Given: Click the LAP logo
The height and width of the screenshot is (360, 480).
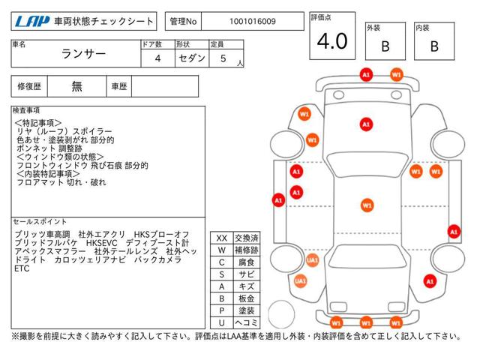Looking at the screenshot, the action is click(x=32, y=22).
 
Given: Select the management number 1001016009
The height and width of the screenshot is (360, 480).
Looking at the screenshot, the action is click(x=253, y=22).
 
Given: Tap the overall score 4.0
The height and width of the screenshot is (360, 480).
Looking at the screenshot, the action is click(x=332, y=41).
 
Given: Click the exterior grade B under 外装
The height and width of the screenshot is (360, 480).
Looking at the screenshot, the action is click(x=385, y=46).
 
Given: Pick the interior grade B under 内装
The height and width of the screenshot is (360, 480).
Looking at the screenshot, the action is click(x=434, y=46).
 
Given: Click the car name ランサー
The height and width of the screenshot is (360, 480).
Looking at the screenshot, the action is click(x=83, y=54).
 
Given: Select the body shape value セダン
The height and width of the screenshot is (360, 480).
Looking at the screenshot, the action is click(x=192, y=58).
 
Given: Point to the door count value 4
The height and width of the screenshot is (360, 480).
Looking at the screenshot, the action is click(x=157, y=58).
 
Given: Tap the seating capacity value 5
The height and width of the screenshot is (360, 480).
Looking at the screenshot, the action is click(x=223, y=58).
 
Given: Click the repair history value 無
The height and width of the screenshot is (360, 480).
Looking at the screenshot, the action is click(x=76, y=86).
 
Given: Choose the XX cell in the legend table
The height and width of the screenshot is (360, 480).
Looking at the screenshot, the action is click(x=222, y=238).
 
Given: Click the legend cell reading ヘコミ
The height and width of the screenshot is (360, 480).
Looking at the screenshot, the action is click(x=247, y=322).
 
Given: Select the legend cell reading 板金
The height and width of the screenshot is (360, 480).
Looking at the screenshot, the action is click(x=247, y=298).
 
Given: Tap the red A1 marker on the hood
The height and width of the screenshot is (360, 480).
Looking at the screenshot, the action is click(x=366, y=124).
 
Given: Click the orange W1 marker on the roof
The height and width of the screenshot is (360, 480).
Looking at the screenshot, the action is click(x=367, y=205).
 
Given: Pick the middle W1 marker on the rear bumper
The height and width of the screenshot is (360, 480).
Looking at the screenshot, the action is click(x=366, y=322).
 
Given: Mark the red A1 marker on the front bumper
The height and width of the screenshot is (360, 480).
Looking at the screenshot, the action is click(x=366, y=75).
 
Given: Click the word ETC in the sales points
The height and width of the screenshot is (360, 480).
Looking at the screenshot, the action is click(x=22, y=268).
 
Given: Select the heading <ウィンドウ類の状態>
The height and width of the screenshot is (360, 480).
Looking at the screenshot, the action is click(x=60, y=157).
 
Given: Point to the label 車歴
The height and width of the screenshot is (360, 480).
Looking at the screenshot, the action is click(x=119, y=87).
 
